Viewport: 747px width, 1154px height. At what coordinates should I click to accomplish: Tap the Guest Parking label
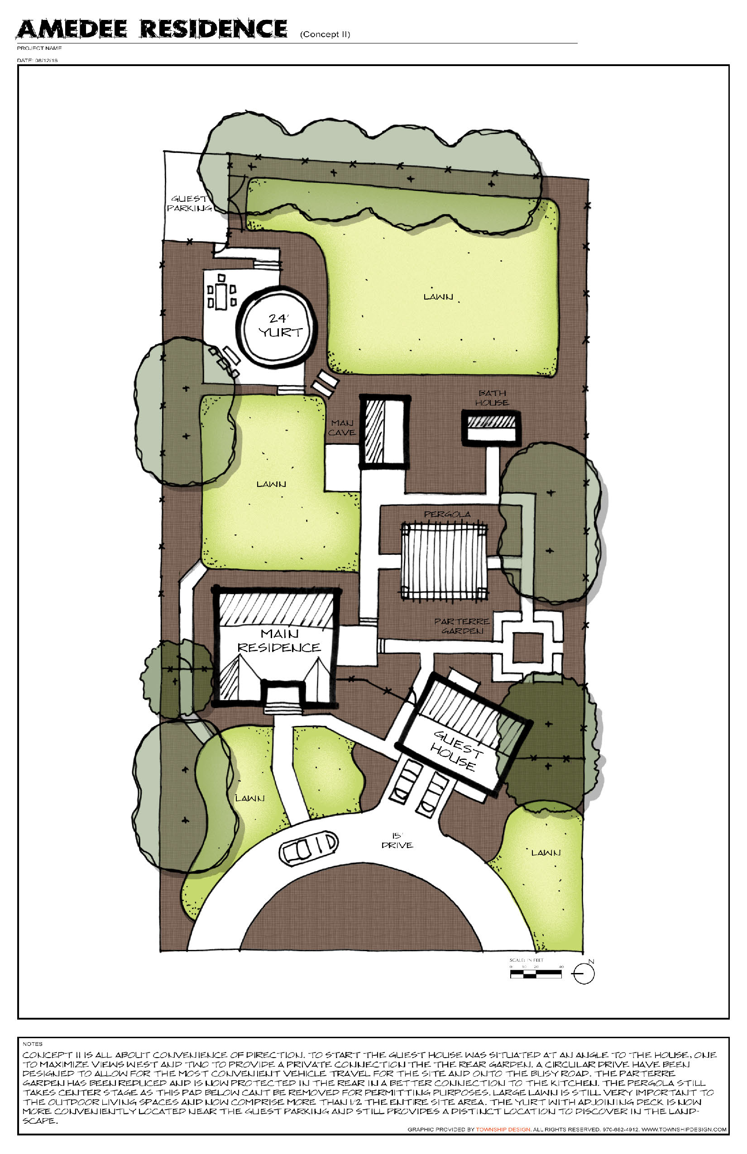(189, 203)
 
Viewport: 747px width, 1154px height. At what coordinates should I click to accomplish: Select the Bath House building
(490, 428)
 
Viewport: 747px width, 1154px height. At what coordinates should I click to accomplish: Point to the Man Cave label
(341, 428)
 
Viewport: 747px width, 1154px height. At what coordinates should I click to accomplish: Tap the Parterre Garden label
(462, 626)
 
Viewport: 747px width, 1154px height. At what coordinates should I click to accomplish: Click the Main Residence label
(279, 640)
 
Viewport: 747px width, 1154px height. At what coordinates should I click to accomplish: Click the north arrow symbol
(584, 973)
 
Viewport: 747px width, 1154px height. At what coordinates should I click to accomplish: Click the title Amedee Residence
(152, 29)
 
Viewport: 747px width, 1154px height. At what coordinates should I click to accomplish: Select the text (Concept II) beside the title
(325, 34)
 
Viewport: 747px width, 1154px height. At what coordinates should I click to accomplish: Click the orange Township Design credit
(503, 1129)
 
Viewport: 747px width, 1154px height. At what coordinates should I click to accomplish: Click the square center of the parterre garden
(528, 647)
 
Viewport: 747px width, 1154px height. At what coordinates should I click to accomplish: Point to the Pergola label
(447, 514)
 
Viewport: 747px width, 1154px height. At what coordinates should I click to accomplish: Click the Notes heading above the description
(33, 1044)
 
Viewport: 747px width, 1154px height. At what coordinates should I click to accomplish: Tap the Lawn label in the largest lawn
(439, 296)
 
